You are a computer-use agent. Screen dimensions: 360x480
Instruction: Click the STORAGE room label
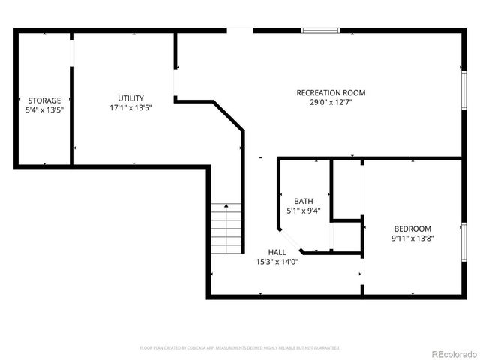(x=45, y=100)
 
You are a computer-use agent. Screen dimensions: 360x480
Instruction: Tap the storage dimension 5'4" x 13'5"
(x=45, y=109)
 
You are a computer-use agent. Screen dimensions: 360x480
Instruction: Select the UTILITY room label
(x=130, y=98)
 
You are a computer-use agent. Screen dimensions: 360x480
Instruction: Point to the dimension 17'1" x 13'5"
(x=130, y=107)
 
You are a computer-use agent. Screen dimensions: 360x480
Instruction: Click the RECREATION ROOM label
(x=331, y=93)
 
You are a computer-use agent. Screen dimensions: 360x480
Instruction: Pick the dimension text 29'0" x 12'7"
(x=331, y=102)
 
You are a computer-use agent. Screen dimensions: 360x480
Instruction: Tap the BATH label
(x=304, y=201)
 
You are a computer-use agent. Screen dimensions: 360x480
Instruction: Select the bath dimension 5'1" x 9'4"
(x=304, y=211)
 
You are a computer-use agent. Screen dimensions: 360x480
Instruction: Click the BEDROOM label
(x=413, y=229)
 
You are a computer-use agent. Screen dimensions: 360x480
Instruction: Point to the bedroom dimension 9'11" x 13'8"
(x=413, y=238)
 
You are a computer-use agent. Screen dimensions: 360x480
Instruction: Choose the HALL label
(x=277, y=252)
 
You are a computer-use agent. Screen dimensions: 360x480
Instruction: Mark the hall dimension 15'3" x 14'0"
(x=277, y=262)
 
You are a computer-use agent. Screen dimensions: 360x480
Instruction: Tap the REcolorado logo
(x=452, y=353)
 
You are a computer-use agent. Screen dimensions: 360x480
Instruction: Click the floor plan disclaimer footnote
(x=240, y=348)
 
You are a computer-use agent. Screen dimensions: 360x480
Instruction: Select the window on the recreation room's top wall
(x=321, y=31)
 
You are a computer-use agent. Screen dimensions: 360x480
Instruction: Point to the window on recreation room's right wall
(x=463, y=89)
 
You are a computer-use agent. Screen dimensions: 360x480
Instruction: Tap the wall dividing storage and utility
(x=72, y=97)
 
